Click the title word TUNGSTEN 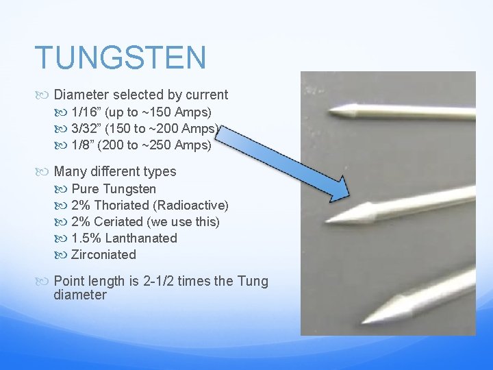tap(120, 58)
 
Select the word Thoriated tap(121, 205)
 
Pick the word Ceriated tap(118, 221)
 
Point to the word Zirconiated tap(103, 254)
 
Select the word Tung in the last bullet tap(253, 282)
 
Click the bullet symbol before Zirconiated tap(63, 255)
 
